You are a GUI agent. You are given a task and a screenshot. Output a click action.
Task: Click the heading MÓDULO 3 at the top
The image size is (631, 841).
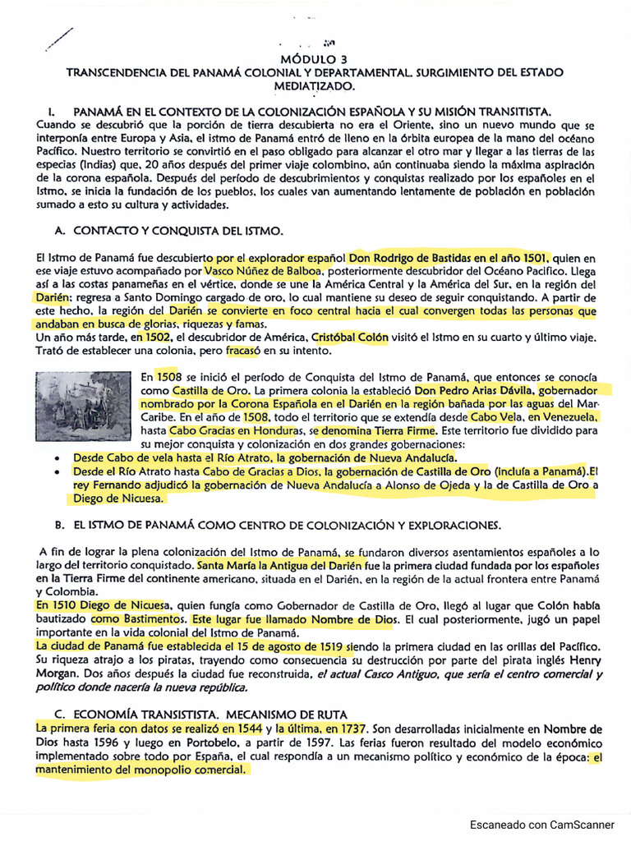(x=315, y=60)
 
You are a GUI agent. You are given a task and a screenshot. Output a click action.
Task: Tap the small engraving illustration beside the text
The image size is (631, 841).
(x=83, y=407)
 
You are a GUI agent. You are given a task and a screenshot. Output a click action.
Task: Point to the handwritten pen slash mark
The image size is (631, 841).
(x=61, y=39)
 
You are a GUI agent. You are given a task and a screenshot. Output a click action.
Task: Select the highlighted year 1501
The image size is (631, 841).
(x=535, y=257)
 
